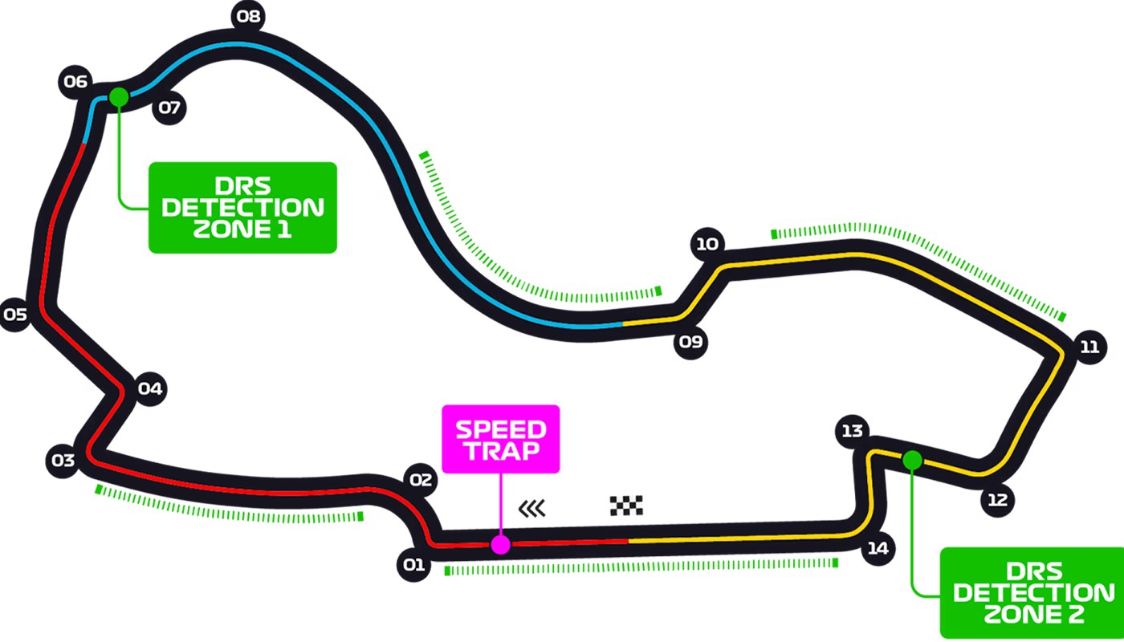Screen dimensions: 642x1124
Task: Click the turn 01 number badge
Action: pyautogui.click(x=413, y=565)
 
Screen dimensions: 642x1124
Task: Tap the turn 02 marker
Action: pyautogui.click(x=421, y=481)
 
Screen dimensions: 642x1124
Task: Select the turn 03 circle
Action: pyautogui.click(x=63, y=461)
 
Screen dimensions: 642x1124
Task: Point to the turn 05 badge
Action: pyautogui.click(x=14, y=314)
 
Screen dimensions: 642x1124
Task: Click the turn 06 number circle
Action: pyautogui.click(x=75, y=82)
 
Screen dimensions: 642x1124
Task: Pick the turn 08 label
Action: pyautogui.click(x=248, y=16)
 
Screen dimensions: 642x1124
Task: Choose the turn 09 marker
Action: pyautogui.click(x=690, y=343)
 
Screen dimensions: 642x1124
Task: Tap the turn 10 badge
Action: pyautogui.click(x=707, y=243)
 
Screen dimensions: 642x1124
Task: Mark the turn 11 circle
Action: pyautogui.click(x=1089, y=347)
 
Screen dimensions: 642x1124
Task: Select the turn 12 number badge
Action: pyautogui.click(x=997, y=500)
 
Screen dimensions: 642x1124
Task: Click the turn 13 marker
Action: pyautogui.click(x=851, y=431)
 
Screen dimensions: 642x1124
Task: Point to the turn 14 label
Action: pyautogui.click(x=878, y=549)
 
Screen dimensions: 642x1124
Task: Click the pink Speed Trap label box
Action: pyautogui.click(x=501, y=439)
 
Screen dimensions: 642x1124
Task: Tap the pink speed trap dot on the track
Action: pyautogui.click(x=500, y=545)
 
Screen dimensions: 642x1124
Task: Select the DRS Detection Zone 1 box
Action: pyautogui.click(x=242, y=208)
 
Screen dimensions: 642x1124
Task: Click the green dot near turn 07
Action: pyautogui.click(x=119, y=97)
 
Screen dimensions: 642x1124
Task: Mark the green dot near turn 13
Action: pyautogui.click(x=912, y=460)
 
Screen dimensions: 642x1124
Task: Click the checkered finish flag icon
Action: pyautogui.click(x=626, y=506)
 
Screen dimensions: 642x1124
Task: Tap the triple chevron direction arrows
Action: pyautogui.click(x=532, y=508)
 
